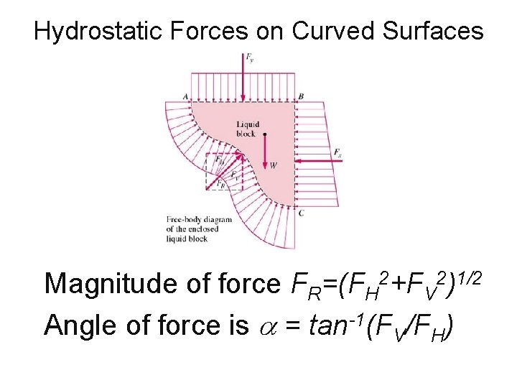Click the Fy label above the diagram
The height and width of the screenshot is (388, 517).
248,56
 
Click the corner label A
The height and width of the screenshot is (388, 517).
185,96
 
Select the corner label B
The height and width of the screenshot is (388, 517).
301,96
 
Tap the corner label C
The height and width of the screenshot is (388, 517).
301,213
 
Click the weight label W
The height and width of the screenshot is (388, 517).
274,166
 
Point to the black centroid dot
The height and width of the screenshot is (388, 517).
265,134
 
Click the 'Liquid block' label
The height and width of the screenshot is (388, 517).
246,129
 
